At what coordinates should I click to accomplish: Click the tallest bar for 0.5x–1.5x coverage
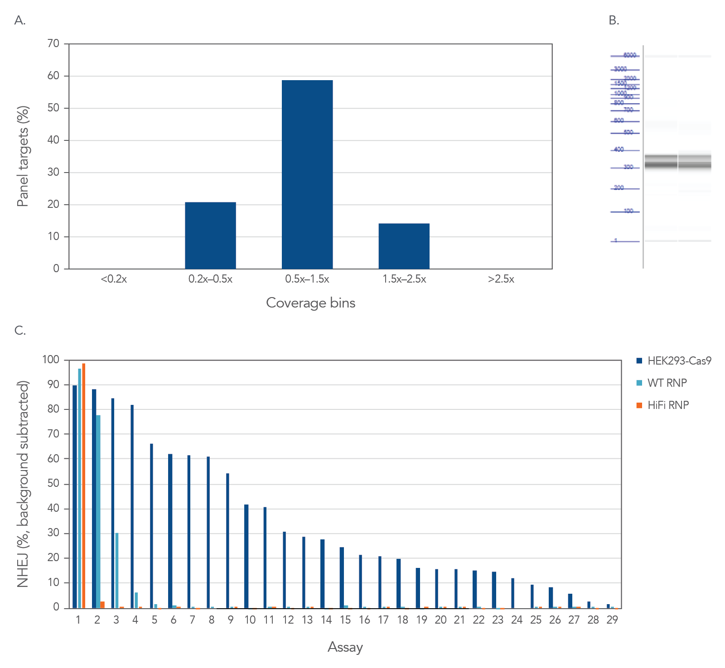point(307,174)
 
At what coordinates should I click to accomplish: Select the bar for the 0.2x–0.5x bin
point(210,235)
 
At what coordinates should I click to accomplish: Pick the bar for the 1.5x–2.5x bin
point(404,246)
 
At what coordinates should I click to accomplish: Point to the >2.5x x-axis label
point(501,279)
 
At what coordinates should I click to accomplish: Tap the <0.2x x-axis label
point(114,279)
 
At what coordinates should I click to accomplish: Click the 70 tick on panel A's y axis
point(53,43)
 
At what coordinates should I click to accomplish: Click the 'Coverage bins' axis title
point(310,303)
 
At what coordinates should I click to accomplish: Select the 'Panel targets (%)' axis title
point(23,156)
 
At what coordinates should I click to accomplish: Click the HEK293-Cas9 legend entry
point(679,361)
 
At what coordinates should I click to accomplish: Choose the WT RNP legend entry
point(667,383)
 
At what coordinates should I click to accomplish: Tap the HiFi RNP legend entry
point(668,405)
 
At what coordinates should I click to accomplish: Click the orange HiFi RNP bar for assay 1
point(84,485)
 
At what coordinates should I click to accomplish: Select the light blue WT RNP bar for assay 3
point(117,570)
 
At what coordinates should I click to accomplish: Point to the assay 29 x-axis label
point(612,620)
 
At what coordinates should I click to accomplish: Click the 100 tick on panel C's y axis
point(51,360)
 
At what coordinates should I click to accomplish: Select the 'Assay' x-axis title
point(345,647)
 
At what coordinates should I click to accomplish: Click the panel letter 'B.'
point(614,20)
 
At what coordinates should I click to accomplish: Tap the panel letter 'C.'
point(20,331)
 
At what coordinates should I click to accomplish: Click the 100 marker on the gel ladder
point(628,211)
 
